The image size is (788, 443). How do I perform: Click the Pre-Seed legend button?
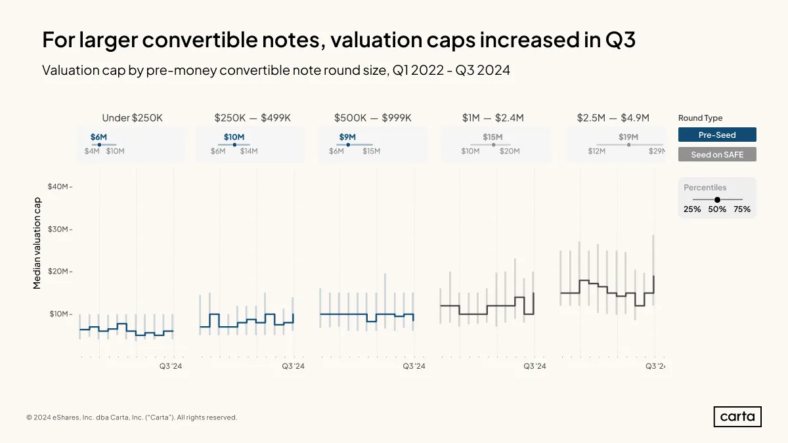[x=717, y=135]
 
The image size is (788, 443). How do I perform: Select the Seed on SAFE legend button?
[x=717, y=154]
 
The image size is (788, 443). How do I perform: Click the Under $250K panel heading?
[x=132, y=117]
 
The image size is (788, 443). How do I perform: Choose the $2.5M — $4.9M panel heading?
[x=613, y=117]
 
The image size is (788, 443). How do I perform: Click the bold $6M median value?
[x=98, y=137]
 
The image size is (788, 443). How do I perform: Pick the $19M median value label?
[x=628, y=137]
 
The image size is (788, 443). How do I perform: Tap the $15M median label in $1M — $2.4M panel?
[x=492, y=137]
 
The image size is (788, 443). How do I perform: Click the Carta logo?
[x=737, y=417]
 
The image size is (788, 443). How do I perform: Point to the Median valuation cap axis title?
[x=37, y=243]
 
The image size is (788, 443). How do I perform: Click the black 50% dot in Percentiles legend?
[x=717, y=200]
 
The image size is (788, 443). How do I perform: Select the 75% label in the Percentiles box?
[x=742, y=209]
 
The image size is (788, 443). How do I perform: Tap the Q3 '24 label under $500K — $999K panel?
[x=414, y=366]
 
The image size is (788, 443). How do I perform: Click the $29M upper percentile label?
[x=657, y=151]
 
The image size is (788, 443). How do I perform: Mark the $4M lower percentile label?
[x=92, y=151]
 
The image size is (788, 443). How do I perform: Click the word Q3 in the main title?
[x=620, y=39]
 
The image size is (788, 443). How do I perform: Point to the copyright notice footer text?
[x=131, y=417]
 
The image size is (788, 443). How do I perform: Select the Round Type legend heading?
[x=700, y=117]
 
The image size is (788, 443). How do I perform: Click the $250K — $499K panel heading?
[x=253, y=117]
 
